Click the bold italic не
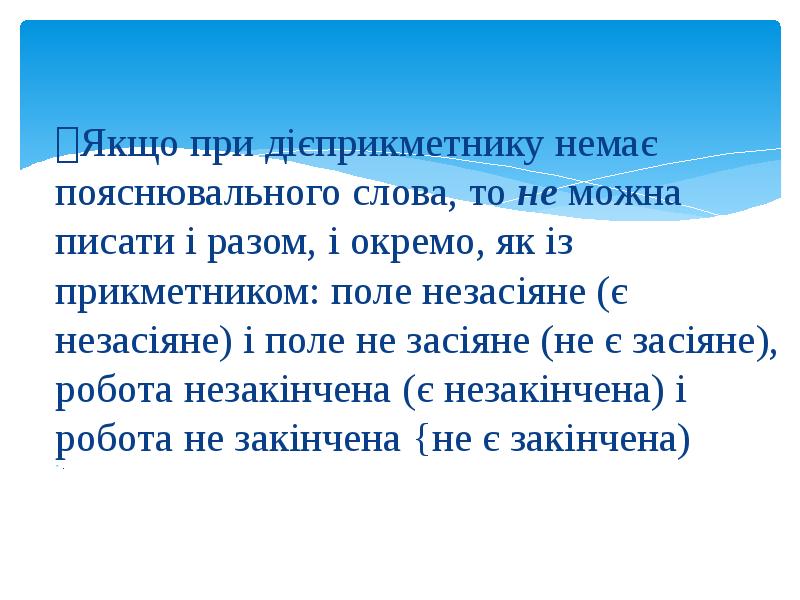pyautogui.click(x=540, y=196)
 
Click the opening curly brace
pyautogui.click(x=418, y=441)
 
